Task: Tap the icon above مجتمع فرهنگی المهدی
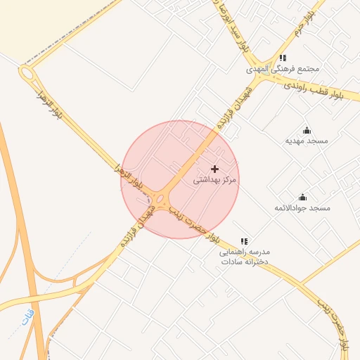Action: click(x=283, y=58)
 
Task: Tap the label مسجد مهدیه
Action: click(x=307, y=141)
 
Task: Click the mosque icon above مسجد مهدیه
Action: click(x=307, y=130)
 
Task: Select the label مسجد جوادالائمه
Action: click(x=302, y=208)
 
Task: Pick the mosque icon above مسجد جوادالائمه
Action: click(x=303, y=197)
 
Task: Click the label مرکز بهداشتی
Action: click(x=215, y=180)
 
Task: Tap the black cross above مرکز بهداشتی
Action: click(x=215, y=169)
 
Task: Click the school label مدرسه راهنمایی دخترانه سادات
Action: click(x=244, y=256)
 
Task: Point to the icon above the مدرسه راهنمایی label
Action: click(x=244, y=241)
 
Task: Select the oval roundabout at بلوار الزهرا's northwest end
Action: click(x=27, y=74)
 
